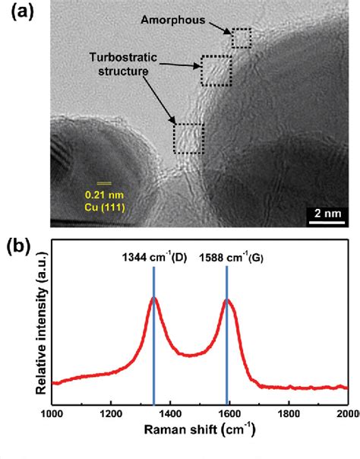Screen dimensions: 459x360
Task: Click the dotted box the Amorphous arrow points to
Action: click(241, 38)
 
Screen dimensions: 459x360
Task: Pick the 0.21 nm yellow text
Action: click(103, 194)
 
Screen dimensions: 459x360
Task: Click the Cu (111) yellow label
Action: click(103, 206)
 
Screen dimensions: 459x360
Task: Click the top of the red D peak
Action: click(154, 299)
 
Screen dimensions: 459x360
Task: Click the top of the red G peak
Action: click(228, 300)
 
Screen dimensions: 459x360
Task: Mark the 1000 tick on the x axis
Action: click(52, 413)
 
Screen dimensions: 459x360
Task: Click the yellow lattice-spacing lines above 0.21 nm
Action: click(103, 183)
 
